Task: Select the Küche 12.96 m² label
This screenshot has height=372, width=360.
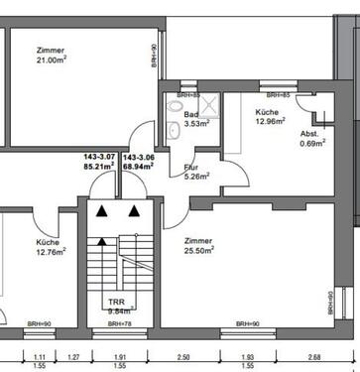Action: tap(270, 117)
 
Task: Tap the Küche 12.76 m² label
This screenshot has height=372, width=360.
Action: tap(51, 248)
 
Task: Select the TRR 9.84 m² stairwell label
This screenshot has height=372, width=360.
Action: tap(118, 303)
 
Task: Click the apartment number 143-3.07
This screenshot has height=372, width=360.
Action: tap(100, 156)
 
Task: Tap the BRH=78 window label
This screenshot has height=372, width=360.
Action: tap(119, 324)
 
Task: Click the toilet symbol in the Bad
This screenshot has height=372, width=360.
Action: tap(176, 106)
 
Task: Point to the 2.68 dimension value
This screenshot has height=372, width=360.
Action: tap(314, 356)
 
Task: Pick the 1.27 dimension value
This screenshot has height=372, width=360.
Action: tap(72, 356)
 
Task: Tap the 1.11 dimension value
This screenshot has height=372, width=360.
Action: tap(41, 356)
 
